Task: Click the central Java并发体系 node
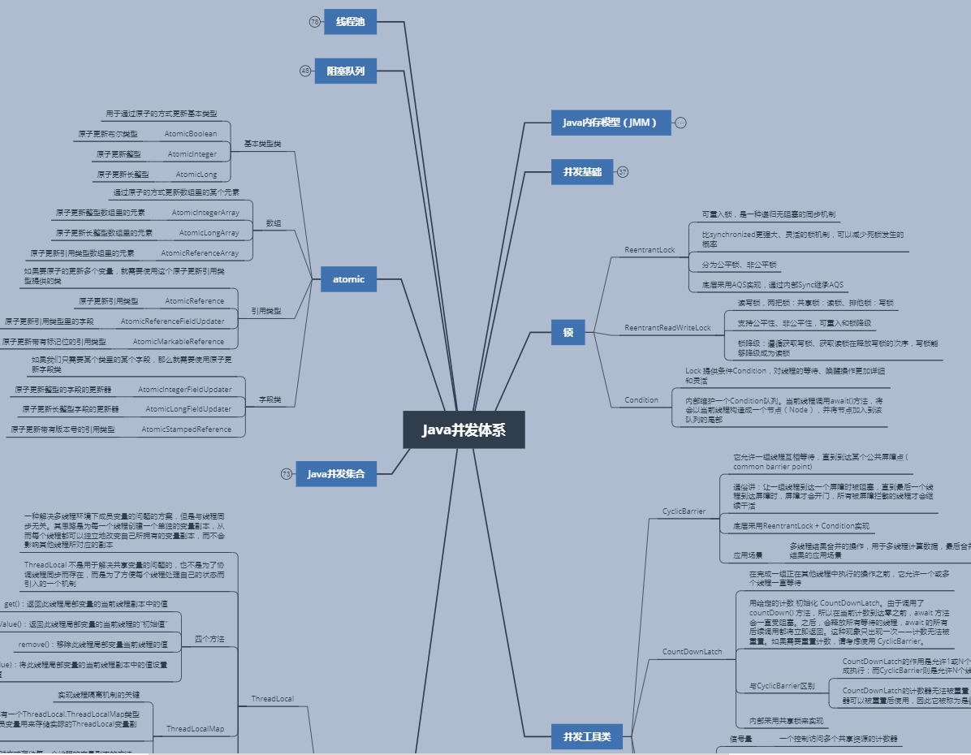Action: point(464,429)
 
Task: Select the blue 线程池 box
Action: point(350,22)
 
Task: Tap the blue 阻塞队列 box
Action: point(345,71)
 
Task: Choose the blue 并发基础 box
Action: point(582,172)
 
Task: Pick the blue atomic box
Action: point(348,279)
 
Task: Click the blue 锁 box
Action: point(568,332)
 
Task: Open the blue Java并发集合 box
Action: point(336,473)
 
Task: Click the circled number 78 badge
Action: point(315,22)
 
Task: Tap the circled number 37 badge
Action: point(623,172)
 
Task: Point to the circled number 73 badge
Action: point(287,473)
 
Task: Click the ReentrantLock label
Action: point(649,250)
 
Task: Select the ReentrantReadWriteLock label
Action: point(667,328)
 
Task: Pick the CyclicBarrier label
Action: point(684,511)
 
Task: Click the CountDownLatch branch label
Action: point(692,652)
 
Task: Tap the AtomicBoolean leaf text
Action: point(191,134)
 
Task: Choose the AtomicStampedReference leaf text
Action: point(186,429)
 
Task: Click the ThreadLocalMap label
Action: point(195,729)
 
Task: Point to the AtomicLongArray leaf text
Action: point(209,233)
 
